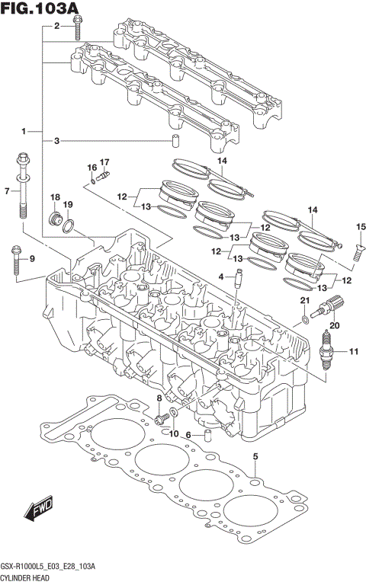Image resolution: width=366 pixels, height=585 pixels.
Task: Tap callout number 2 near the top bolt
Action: [56, 27]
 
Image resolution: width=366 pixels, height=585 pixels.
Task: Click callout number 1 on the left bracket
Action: [25, 131]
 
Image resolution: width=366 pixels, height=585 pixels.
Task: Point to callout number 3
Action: [56, 141]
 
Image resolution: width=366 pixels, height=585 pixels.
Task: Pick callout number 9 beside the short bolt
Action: [32, 259]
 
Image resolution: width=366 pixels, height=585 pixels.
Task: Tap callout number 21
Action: [303, 303]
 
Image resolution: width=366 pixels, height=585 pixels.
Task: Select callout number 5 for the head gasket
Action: [255, 456]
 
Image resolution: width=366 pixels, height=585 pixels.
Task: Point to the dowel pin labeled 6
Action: [205, 439]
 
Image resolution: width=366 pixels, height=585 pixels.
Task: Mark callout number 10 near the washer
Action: [174, 433]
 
